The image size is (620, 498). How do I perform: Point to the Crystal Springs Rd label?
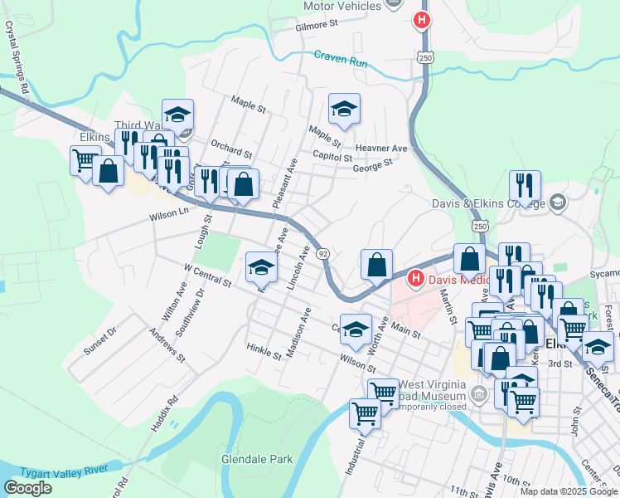17,57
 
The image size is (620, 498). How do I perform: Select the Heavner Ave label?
381,149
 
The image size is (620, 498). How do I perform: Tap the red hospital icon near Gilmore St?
422,20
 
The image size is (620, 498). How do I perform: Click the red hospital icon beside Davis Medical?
416,280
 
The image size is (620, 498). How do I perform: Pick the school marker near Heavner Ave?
344,109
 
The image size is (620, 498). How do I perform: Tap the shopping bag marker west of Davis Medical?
376,265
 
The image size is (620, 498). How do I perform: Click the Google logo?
27,488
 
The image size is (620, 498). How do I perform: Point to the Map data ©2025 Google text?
568,491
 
